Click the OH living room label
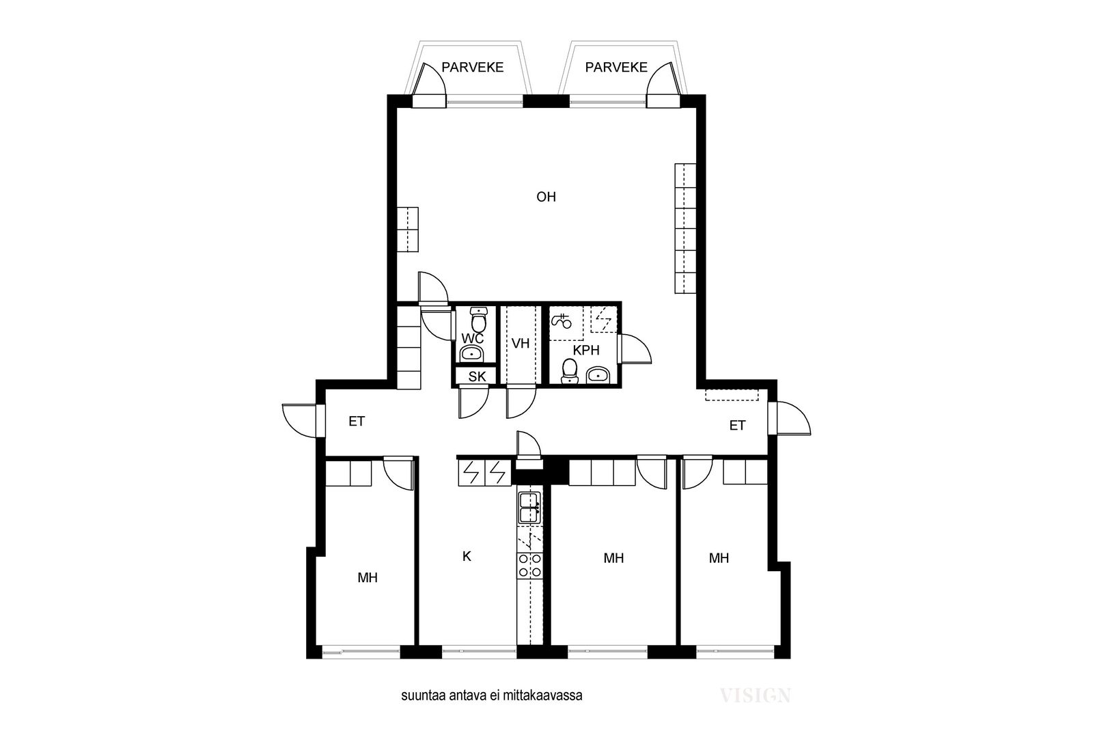546,197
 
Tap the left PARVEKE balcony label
472,68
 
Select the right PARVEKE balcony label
616,68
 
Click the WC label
472,338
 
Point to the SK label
478,376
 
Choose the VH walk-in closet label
521,344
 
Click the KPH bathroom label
586,350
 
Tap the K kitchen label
467,556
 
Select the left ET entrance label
357,421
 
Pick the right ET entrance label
737,426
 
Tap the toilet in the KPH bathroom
569,371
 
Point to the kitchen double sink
529,508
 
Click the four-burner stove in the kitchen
530,565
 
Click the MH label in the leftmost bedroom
368,578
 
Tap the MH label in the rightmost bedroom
719,558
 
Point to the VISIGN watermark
756,696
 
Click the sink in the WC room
472,353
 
